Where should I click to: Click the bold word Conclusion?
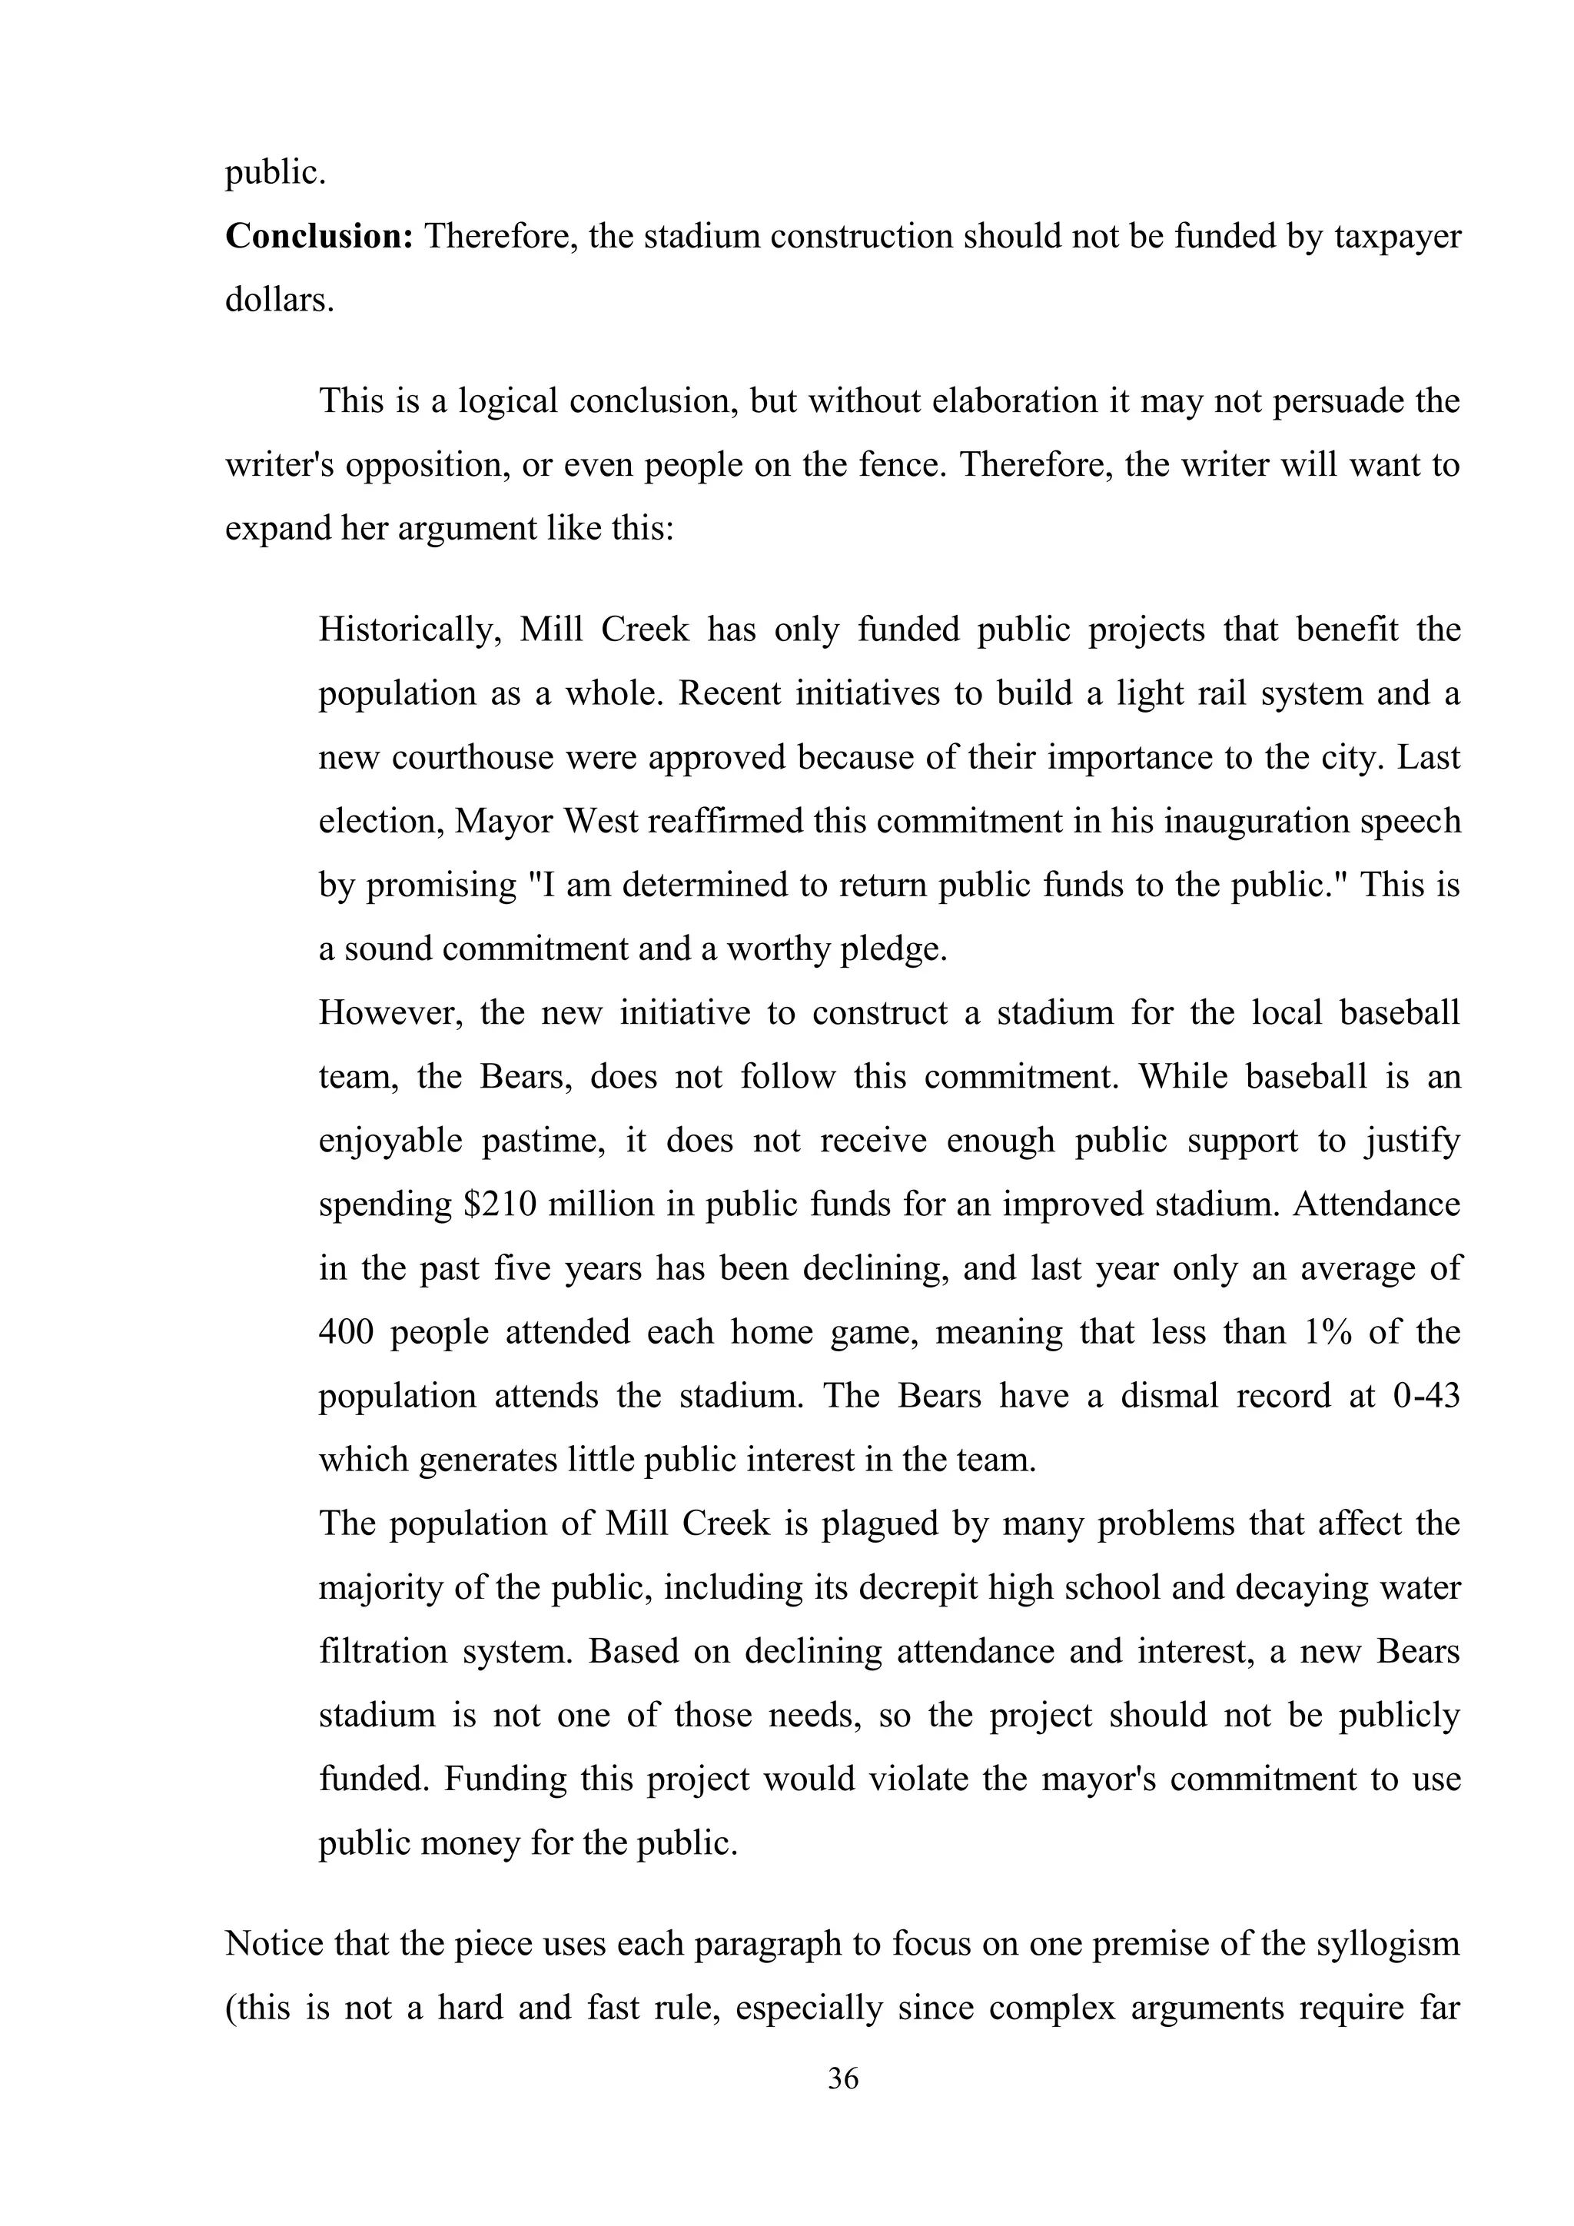(319, 236)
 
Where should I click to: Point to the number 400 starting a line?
(346, 1332)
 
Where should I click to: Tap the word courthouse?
(473, 757)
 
